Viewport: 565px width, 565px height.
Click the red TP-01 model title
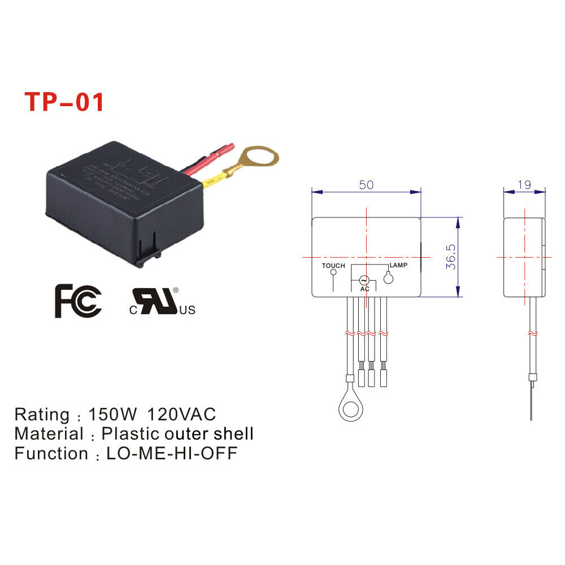point(64,102)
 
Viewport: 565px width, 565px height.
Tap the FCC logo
point(78,301)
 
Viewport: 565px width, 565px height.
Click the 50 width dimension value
point(367,185)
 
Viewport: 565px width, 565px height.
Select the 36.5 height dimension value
point(450,257)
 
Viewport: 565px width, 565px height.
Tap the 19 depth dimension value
point(525,185)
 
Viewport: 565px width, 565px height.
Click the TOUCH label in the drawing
point(333,266)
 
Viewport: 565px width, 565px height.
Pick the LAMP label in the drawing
point(398,265)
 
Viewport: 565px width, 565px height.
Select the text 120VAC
point(181,415)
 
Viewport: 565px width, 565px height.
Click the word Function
point(51,454)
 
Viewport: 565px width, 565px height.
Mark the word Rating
point(41,415)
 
